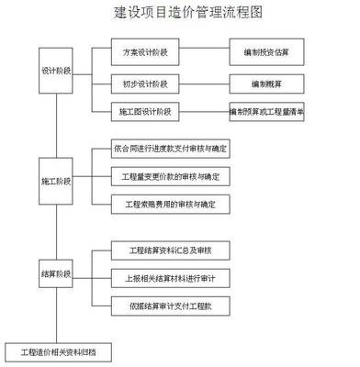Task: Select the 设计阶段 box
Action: [56, 69]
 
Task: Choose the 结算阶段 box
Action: [56, 272]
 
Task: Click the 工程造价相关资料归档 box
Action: [56, 351]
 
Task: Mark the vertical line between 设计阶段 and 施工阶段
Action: [56, 119]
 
